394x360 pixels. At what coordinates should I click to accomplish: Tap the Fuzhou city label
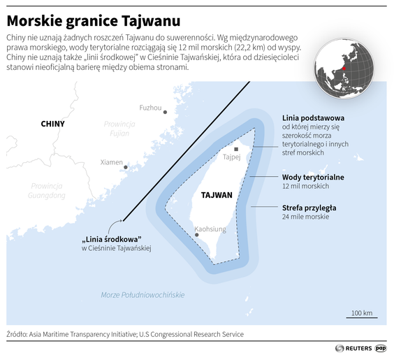pos(150,108)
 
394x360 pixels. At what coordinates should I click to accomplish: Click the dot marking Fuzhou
pos(166,112)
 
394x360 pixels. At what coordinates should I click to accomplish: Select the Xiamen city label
pos(111,162)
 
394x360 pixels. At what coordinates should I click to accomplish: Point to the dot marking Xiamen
pos(126,167)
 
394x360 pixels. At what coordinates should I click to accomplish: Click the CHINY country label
pos(52,124)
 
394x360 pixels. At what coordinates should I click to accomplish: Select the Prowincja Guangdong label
pos(47,191)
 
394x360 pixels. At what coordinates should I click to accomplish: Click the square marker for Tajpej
pos(236,149)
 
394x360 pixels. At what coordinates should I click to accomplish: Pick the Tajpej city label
pos(231,157)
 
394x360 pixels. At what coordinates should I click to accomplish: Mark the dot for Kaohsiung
pos(197,235)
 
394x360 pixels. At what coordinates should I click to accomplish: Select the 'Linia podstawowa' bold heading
pos(312,118)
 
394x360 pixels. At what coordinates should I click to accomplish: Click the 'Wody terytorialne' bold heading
pos(312,178)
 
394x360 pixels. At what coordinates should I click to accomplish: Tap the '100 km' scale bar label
pos(361,312)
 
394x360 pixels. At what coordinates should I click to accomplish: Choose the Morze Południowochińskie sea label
pos(143,295)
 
